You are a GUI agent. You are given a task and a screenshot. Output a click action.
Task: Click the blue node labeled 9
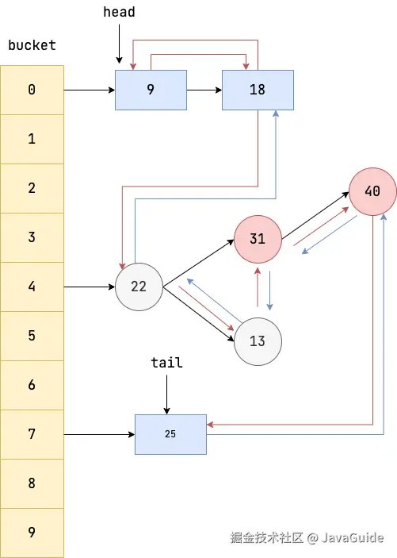151,90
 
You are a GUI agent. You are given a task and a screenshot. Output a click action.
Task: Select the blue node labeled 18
258,90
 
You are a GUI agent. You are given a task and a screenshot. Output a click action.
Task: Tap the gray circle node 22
139,287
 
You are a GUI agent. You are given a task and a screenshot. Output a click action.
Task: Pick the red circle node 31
258,239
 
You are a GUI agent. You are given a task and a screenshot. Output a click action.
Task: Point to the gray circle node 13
258,341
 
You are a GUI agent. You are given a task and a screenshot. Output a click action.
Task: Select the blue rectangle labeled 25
170,434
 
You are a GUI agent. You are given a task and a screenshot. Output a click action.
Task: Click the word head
119,12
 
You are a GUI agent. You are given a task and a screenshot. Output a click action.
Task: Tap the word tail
166,363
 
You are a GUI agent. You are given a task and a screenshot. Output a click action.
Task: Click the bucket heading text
32,45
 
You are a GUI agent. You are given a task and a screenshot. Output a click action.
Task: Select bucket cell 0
32,90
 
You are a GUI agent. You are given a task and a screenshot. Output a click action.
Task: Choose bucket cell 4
32,287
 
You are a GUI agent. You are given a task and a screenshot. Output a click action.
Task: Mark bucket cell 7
32,434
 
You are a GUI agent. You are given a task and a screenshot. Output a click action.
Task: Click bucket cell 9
32,533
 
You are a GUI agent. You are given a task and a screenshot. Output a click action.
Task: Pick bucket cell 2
32,188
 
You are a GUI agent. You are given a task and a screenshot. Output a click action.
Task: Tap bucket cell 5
32,336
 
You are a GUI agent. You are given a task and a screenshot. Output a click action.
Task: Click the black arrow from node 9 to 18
204,90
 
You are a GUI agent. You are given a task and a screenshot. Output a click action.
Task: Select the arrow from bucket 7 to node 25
99,434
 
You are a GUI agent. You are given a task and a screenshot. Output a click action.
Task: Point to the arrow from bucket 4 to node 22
89,287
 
